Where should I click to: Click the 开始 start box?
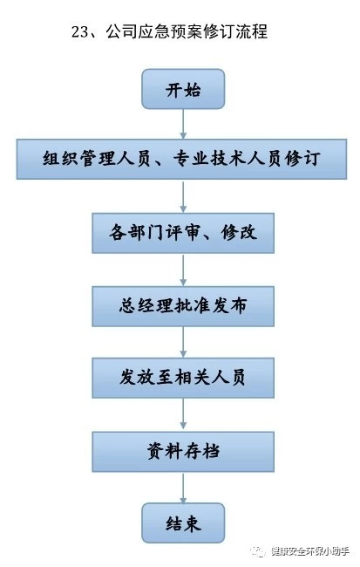(x=183, y=89)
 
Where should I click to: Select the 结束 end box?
(x=183, y=523)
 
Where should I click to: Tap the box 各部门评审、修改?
(x=183, y=233)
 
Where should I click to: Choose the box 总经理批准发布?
(x=183, y=306)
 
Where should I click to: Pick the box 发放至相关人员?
(x=183, y=378)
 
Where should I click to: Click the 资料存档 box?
(x=183, y=451)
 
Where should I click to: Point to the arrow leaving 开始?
(x=183, y=124)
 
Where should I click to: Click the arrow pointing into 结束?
(x=183, y=488)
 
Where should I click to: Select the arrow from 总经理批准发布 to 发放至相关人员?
(x=183, y=342)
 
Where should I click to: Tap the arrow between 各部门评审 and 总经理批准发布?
(x=183, y=270)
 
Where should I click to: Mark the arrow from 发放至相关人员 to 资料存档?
(x=183, y=414)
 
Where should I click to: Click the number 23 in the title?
(x=80, y=31)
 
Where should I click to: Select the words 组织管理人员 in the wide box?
(x=97, y=159)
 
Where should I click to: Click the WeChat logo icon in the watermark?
(x=259, y=551)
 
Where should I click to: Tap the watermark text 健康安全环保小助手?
(x=310, y=551)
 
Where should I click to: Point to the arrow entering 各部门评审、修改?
(x=183, y=196)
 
